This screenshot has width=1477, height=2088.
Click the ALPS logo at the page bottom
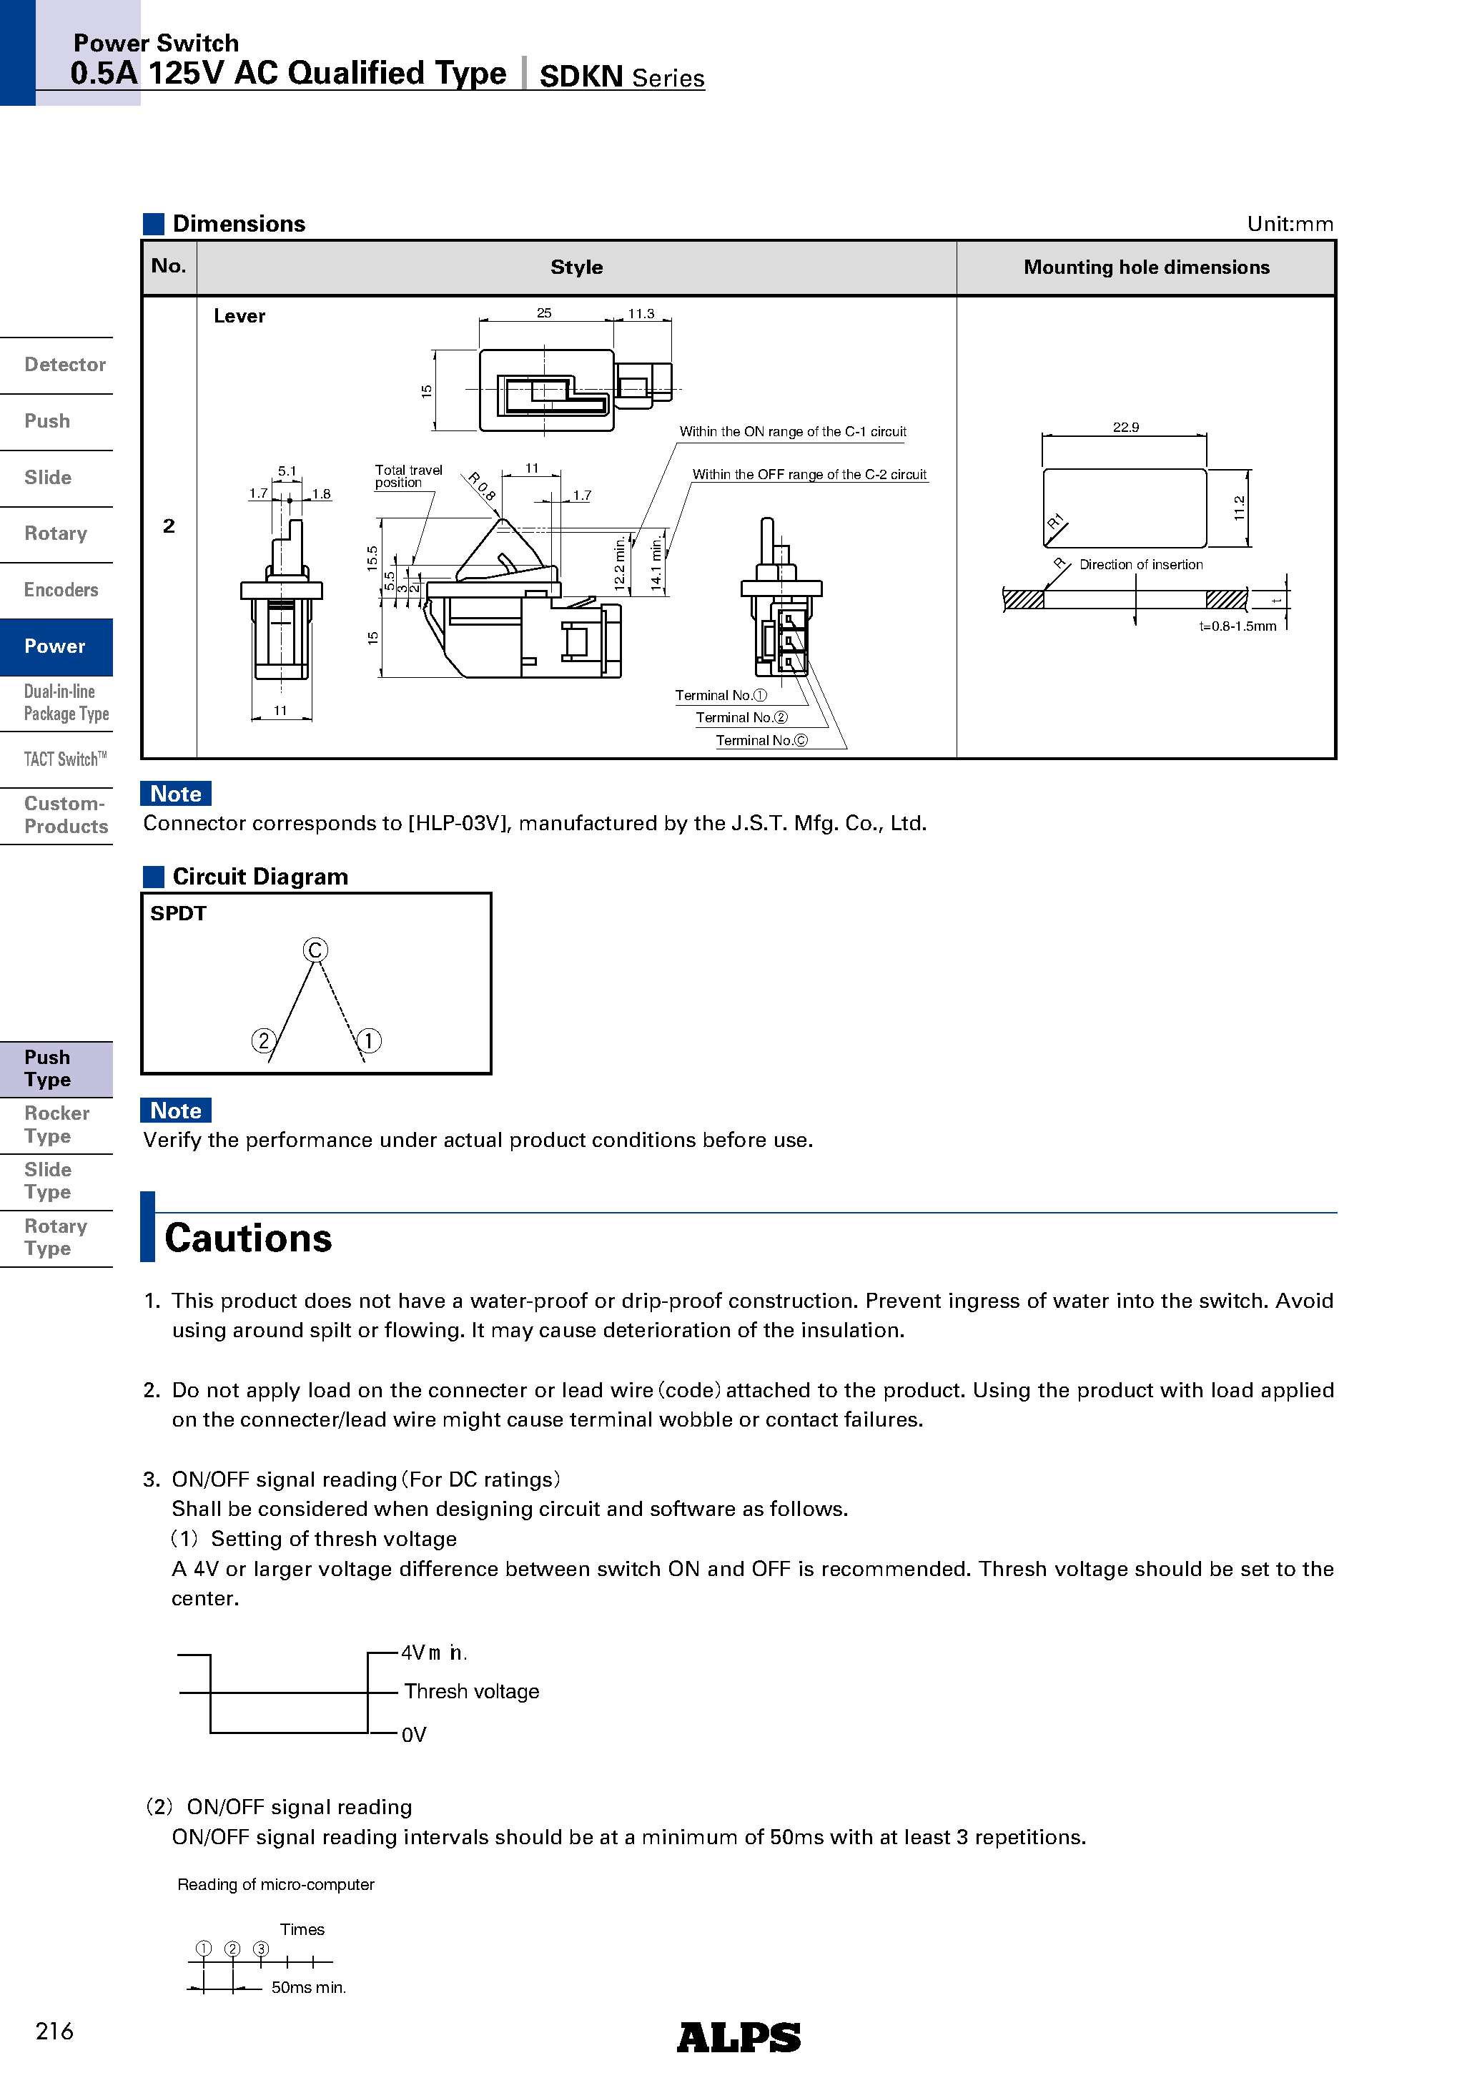738,2037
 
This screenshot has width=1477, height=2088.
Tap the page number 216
54,2031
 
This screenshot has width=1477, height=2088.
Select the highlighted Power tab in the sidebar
56,646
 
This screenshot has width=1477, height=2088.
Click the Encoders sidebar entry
60,590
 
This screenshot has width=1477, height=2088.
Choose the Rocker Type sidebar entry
56,1125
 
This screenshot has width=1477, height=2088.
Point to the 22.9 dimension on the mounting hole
1125,428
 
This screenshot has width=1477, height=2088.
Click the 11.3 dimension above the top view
641,314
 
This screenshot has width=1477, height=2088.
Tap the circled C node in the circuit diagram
315,950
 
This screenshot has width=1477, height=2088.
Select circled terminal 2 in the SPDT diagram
263,1040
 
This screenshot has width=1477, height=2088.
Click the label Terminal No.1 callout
721,696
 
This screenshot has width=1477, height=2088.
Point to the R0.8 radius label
482,486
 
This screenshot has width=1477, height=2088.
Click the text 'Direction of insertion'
1140,565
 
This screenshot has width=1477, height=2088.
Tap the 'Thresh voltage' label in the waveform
471,1692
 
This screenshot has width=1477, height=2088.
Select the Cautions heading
248,1238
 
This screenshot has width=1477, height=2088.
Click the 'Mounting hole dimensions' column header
1146,267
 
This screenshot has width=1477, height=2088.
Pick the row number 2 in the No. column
169,526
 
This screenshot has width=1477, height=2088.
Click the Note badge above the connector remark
176,794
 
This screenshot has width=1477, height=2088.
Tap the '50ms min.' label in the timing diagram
308,1988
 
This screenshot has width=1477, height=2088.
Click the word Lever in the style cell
239,317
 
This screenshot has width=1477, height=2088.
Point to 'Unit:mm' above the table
1290,225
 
